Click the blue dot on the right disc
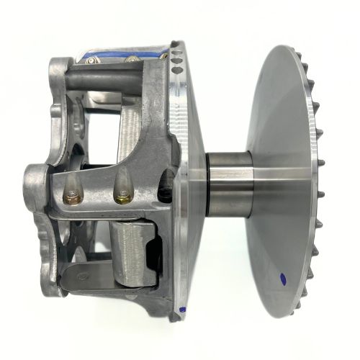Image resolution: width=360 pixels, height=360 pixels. (281, 276)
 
